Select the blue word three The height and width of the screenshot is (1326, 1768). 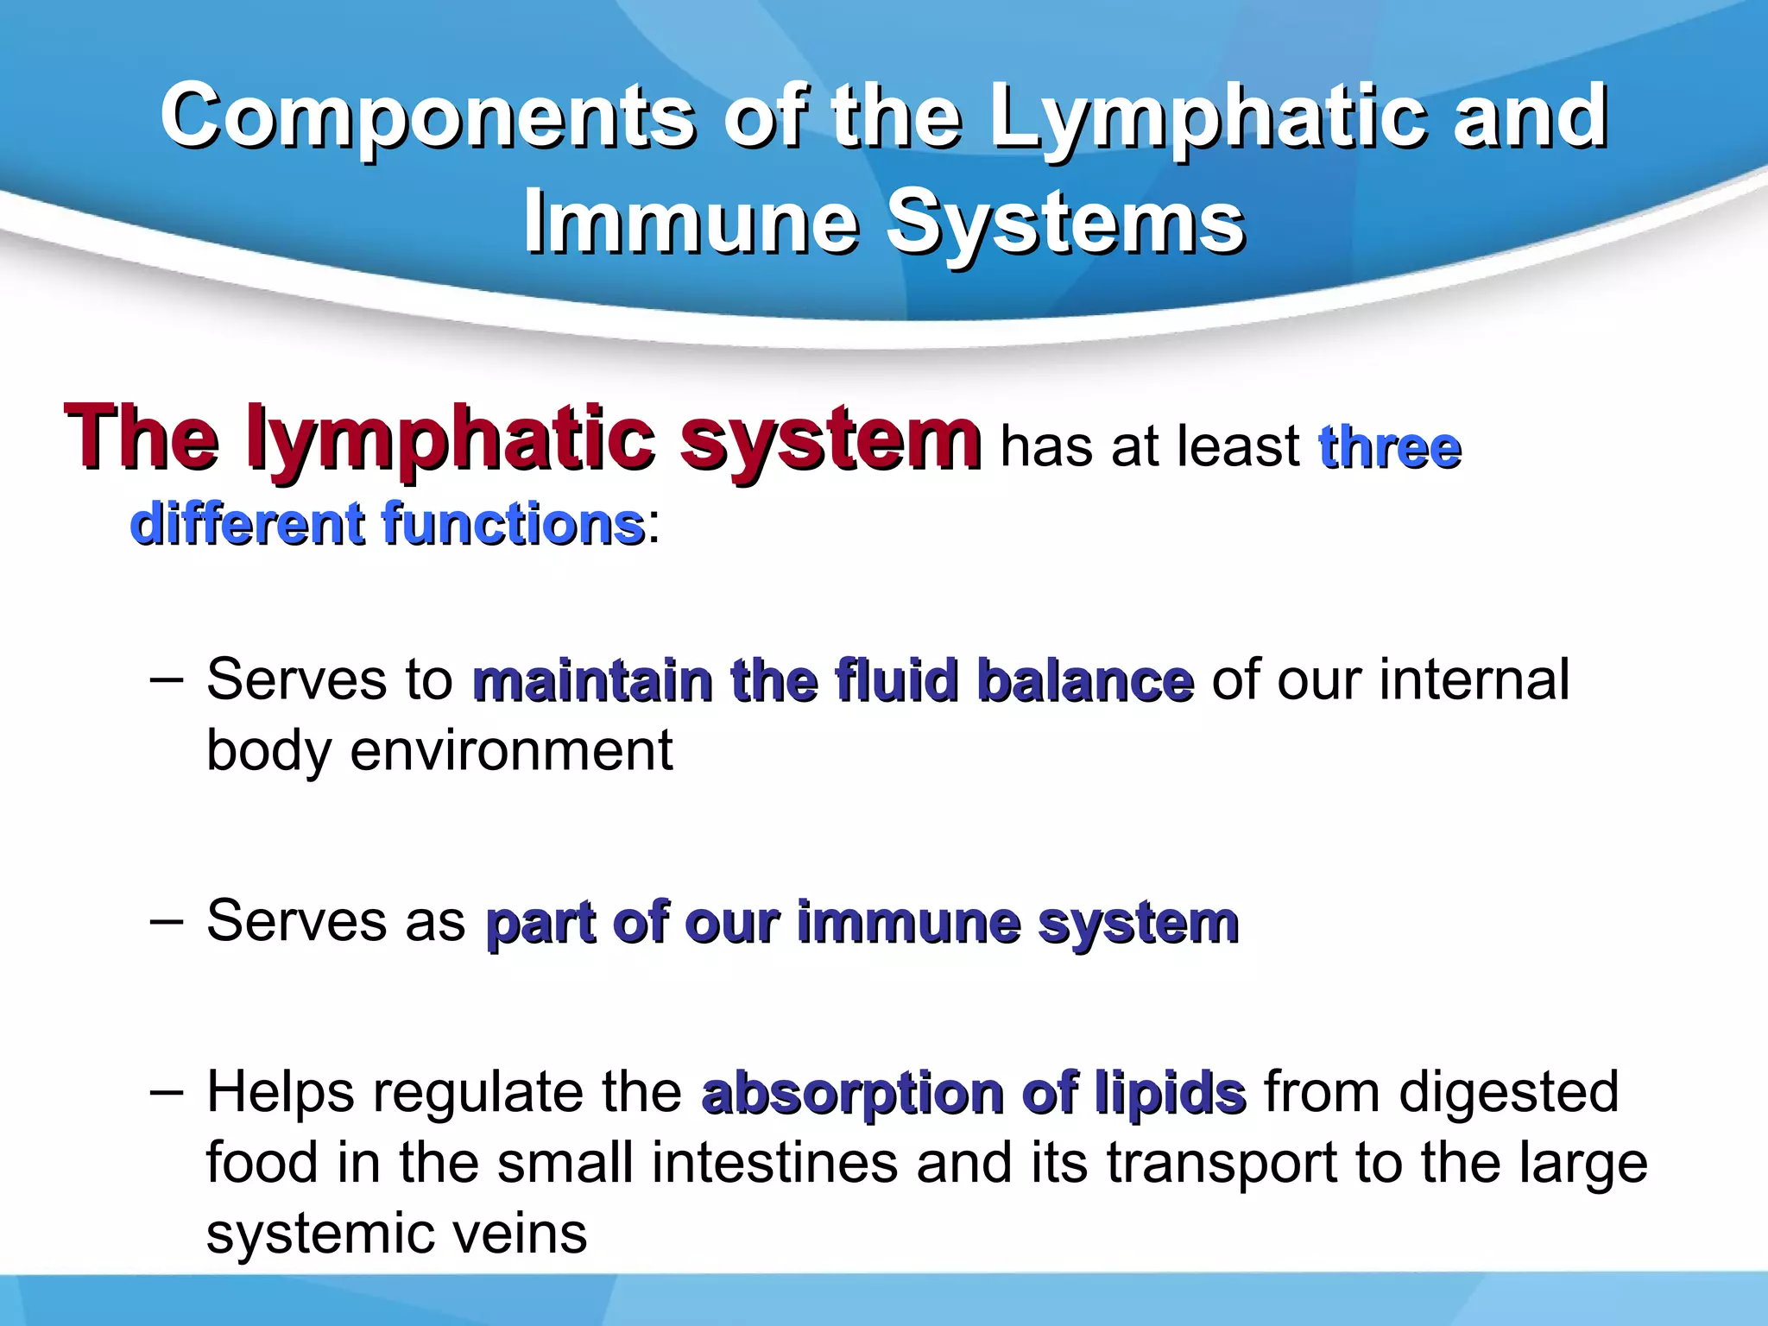tap(1390, 447)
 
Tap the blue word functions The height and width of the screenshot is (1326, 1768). tap(513, 524)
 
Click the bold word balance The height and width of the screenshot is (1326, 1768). tap(1085, 680)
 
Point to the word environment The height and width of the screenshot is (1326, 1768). tap(511, 751)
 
